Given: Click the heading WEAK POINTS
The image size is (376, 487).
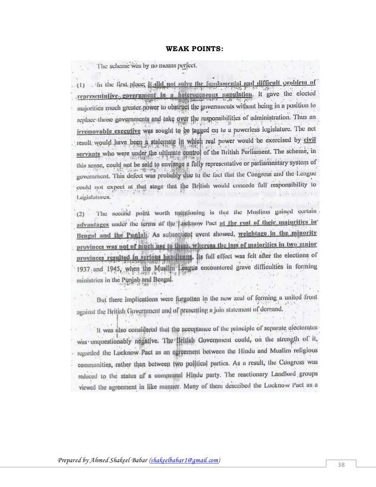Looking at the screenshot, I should click(194, 48).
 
